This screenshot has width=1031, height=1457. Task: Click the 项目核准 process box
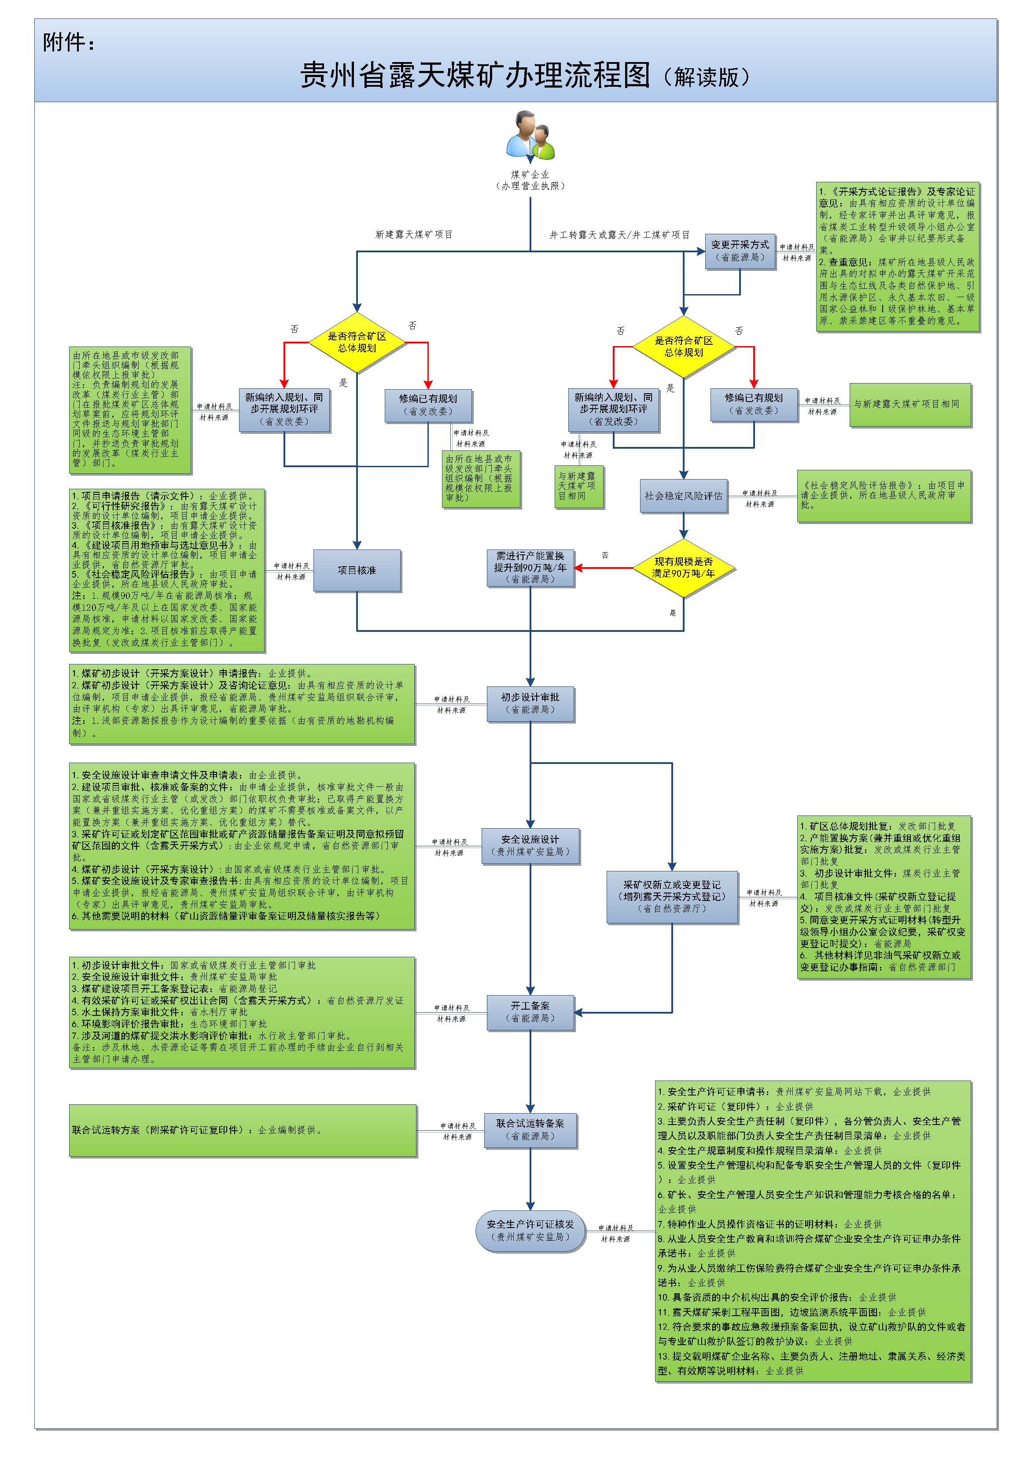click(357, 570)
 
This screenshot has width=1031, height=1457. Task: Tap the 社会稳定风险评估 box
click(683, 496)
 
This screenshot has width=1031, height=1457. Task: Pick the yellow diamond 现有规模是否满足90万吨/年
click(683, 568)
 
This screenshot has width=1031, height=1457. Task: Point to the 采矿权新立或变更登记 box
click(672, 896)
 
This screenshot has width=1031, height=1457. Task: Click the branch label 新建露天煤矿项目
click(414, 234)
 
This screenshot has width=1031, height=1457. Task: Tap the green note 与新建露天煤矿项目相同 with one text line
click(910, 404)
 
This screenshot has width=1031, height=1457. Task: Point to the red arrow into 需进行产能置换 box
click(603, 568)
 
